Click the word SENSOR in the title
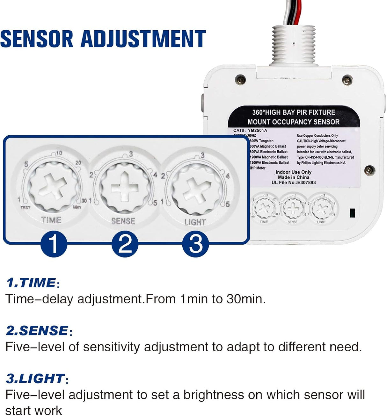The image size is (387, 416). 37,39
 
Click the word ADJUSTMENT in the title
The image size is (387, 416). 143,39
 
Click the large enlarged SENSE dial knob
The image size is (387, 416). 125,188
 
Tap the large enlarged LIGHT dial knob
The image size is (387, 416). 195,188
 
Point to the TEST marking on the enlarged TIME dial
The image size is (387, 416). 26,207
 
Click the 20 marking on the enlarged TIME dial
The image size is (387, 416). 78,163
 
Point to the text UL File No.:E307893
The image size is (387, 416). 294,183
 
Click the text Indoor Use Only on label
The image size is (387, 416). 294,172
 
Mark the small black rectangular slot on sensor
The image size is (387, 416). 352,213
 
